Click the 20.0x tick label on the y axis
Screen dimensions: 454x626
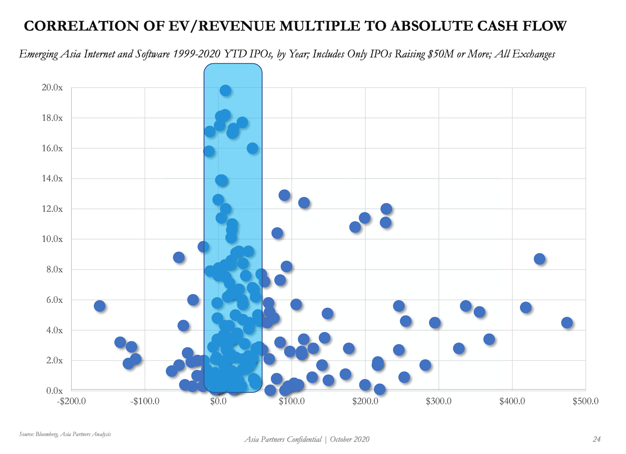(52, 88)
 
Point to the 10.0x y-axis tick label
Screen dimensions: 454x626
(52, 239)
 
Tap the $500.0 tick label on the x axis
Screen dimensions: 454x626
(585, 401)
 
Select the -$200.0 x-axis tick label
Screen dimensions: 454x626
(71, 401)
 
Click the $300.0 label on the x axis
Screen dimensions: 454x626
(438, 401)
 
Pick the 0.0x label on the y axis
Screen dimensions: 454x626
(54, 390)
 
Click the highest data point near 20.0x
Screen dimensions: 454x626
(225, 90)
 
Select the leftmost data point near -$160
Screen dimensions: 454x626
(100, 306)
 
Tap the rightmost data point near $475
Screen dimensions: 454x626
(567, 323)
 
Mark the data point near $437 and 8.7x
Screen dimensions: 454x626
(539, 259)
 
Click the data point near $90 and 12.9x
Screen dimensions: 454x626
(284, 195)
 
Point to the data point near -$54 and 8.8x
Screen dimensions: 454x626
(179, 258)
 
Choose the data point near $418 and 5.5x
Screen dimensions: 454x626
(526, 307)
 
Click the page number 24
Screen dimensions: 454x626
(597, 439)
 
